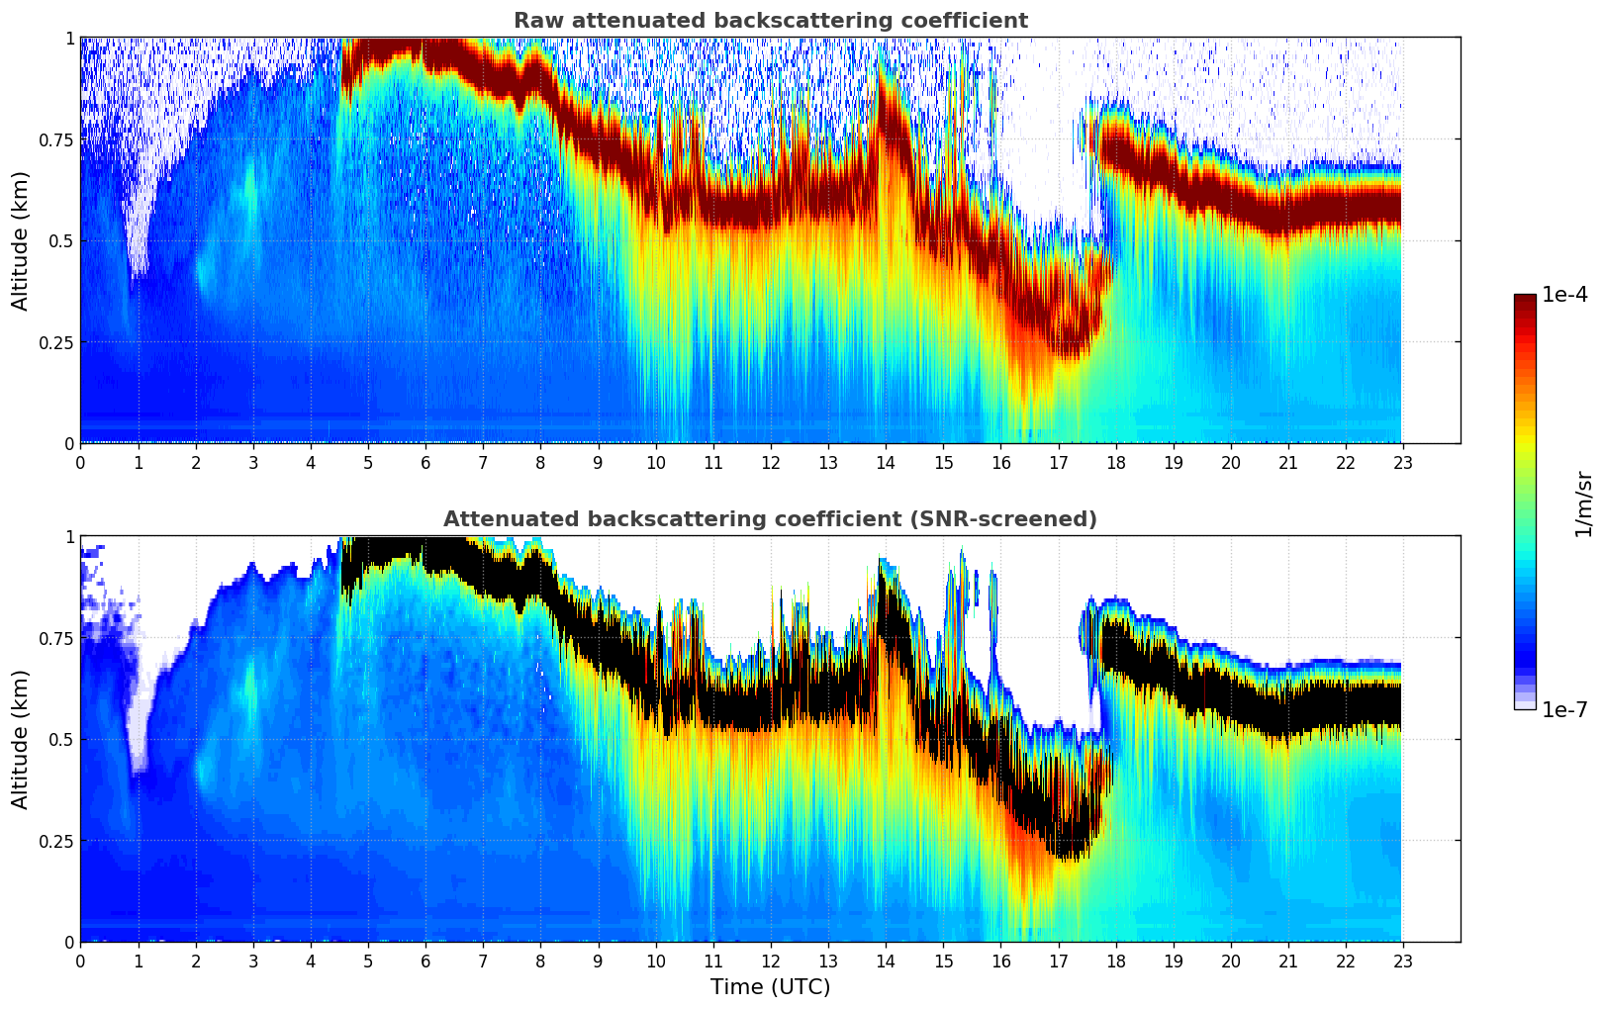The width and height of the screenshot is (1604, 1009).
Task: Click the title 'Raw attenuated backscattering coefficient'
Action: click(771, 20)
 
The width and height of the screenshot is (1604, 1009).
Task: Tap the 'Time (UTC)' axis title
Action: click(771, 987)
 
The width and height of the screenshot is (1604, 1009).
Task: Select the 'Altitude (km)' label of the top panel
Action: click(20, 241)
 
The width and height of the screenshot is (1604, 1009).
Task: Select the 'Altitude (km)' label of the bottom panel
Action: click(20, 739)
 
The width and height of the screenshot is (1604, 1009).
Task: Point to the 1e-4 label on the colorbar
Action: click(1564, 294)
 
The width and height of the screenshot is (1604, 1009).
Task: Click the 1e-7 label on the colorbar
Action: click(1564, 710)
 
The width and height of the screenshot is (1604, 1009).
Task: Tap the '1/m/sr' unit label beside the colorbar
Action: click(1583, 504)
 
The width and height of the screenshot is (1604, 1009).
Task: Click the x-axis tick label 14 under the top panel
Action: click(886, 462)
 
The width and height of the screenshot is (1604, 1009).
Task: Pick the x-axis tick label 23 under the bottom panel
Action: click(1403, 962)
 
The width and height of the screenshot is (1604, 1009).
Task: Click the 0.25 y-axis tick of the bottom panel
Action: click(55, 841)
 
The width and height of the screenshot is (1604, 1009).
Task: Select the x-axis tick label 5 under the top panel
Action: click(368, 462)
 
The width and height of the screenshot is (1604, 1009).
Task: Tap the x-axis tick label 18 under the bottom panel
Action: click(1115, 962)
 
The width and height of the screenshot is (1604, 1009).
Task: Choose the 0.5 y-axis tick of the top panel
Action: click(60, 241)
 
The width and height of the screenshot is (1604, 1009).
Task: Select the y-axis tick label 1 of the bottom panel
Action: click(69, 537)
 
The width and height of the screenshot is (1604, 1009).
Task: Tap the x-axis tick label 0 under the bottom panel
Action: click(80, 962)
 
